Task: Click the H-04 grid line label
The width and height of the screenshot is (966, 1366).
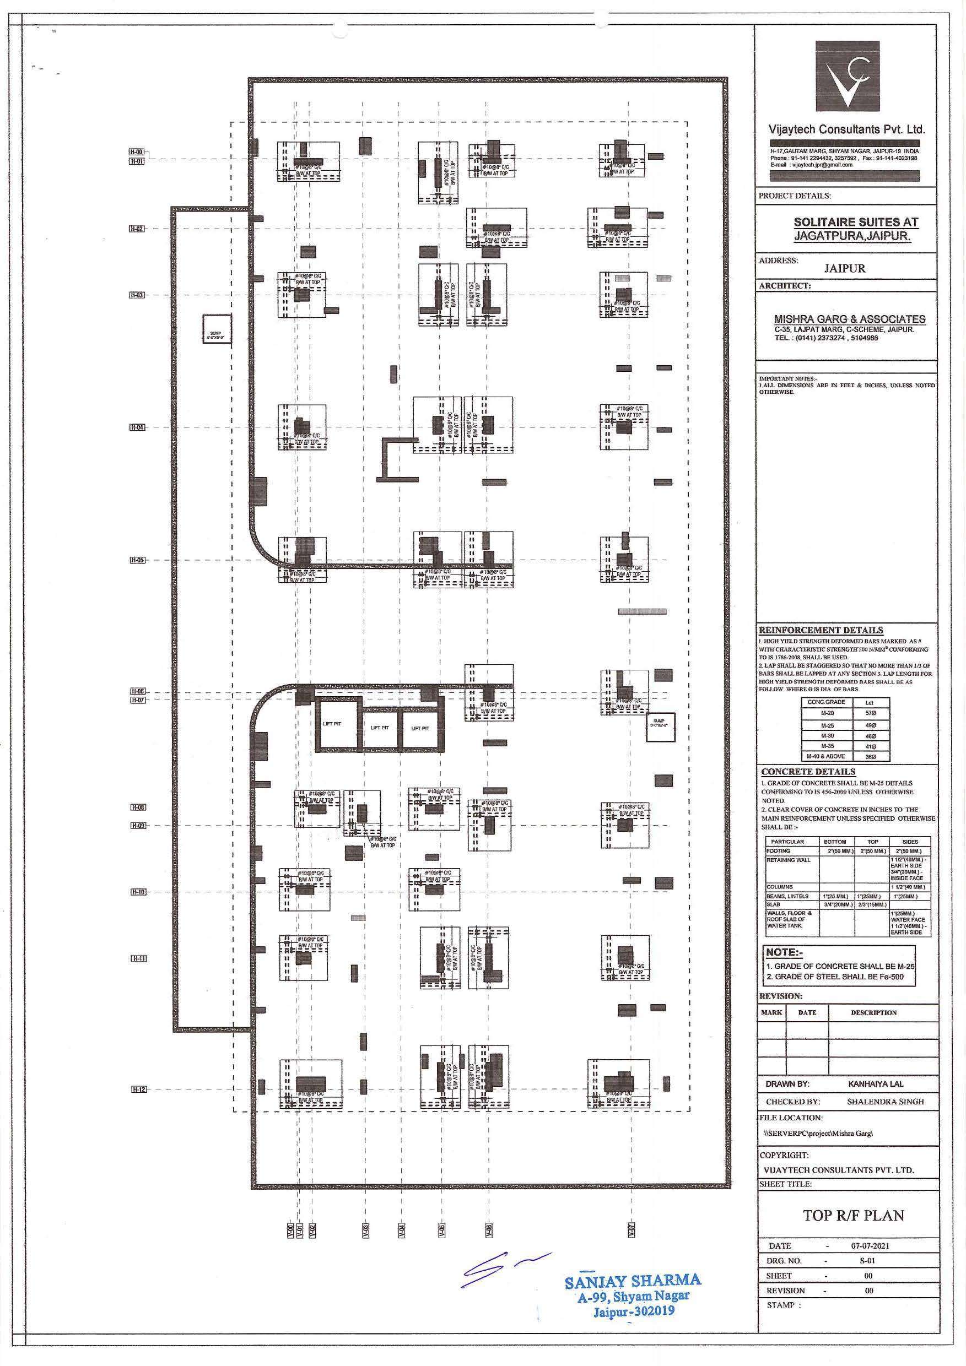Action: [137, 427]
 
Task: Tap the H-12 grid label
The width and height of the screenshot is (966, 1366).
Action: [138, 1089]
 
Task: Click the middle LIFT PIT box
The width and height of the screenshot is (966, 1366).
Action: [379, 728]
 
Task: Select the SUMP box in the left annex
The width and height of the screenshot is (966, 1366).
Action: [215, 328]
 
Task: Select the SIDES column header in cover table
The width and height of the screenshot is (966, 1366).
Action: [909, 842]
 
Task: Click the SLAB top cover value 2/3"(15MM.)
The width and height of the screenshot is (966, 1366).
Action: [872, 904]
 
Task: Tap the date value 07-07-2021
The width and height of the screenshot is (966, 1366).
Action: [870, 1245]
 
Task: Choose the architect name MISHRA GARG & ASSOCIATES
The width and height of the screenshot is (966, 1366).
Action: [849, 319]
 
